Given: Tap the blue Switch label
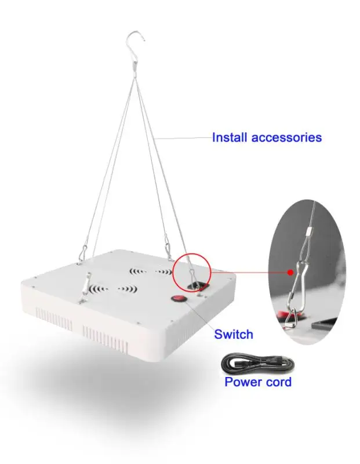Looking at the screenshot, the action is pos(234,334).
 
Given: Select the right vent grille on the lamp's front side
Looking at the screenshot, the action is pos(104,335).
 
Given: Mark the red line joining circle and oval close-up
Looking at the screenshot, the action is pos(249,270).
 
